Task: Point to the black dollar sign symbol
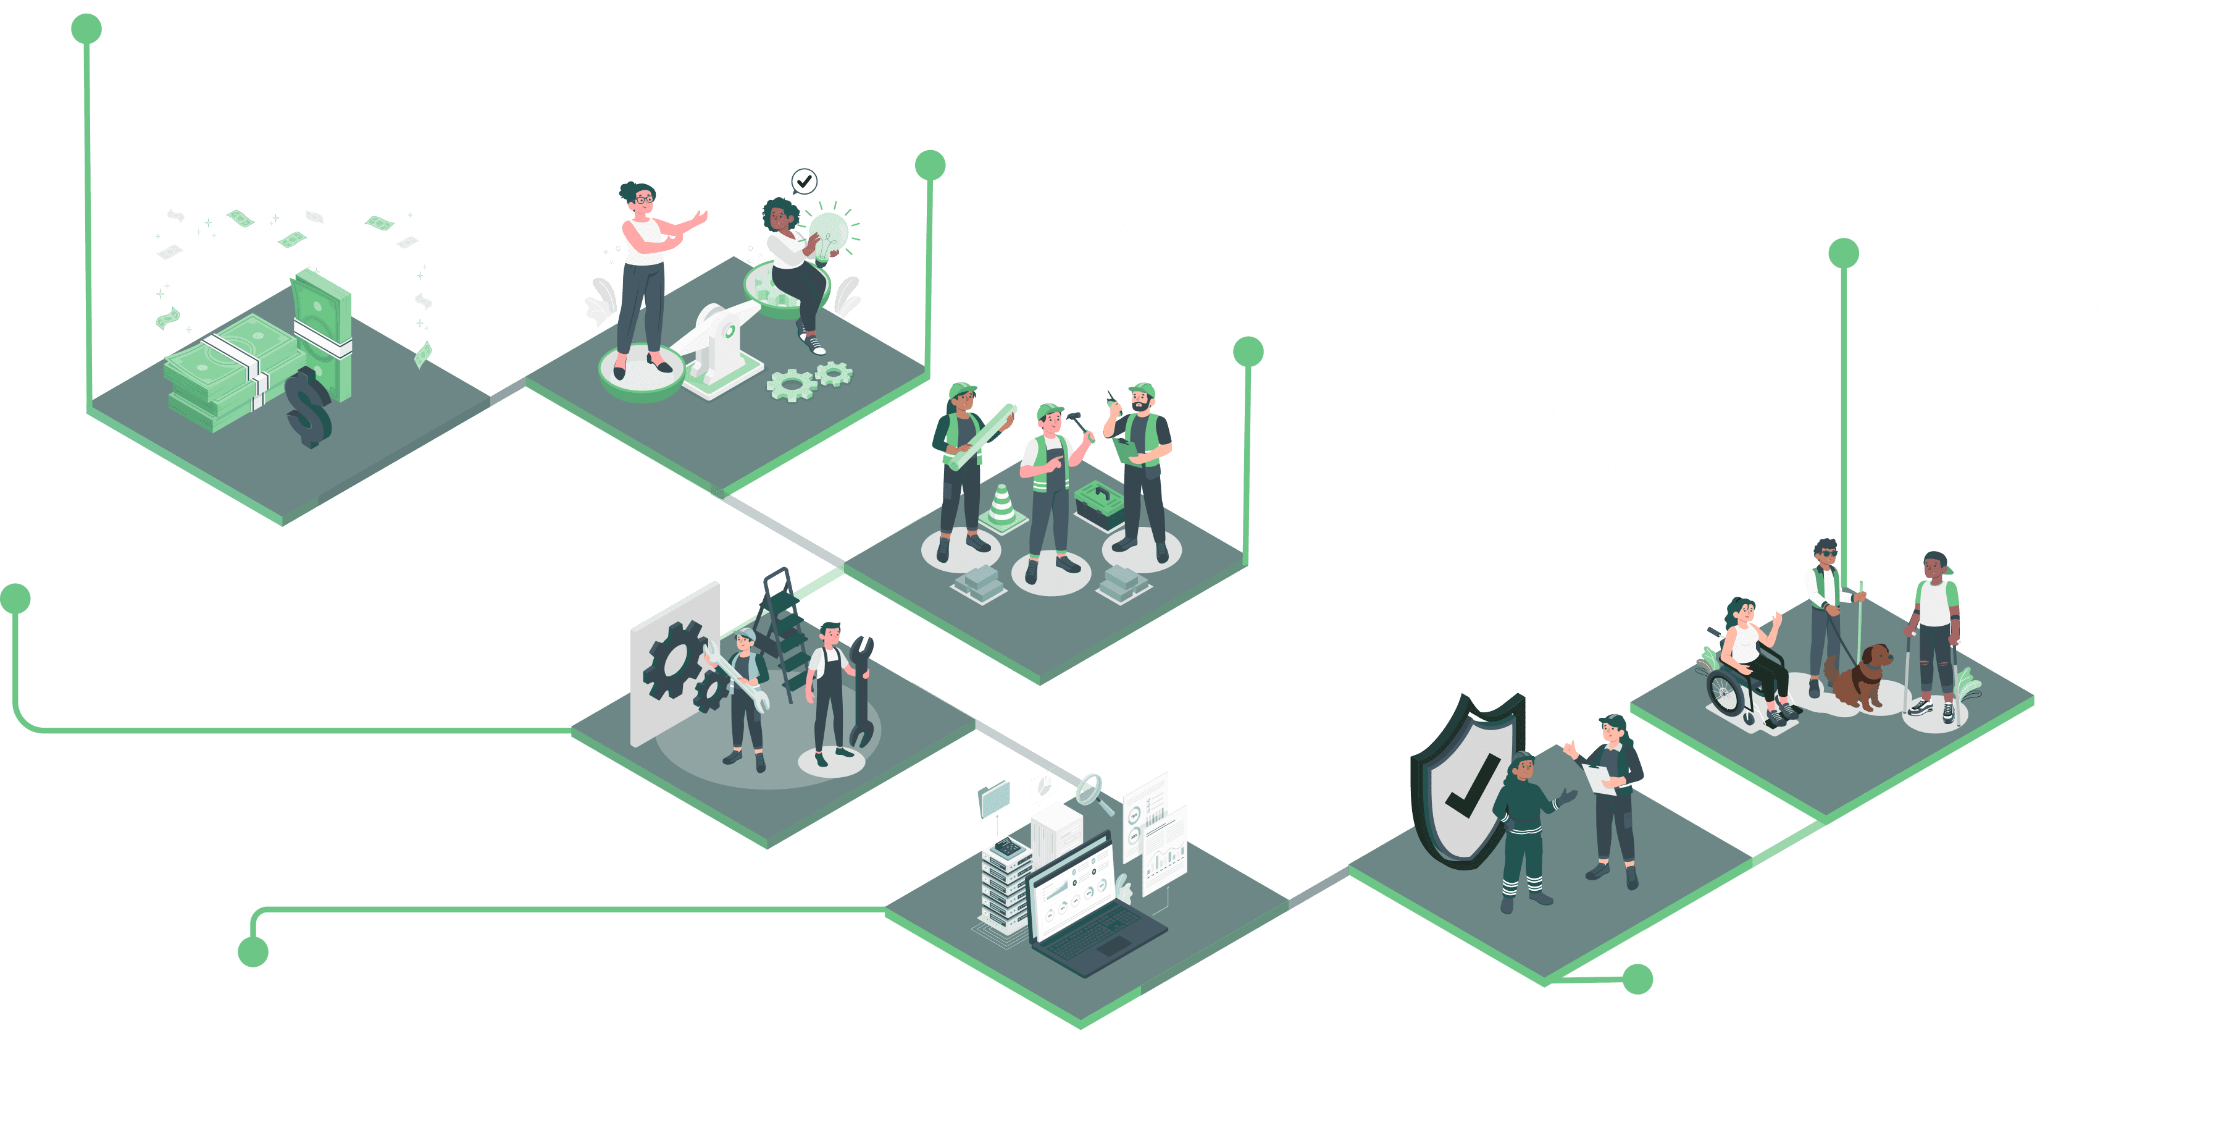(x=308, y=406)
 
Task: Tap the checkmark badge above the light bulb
(x=803, y=182)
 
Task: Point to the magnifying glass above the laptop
(x=1091, y=790)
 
